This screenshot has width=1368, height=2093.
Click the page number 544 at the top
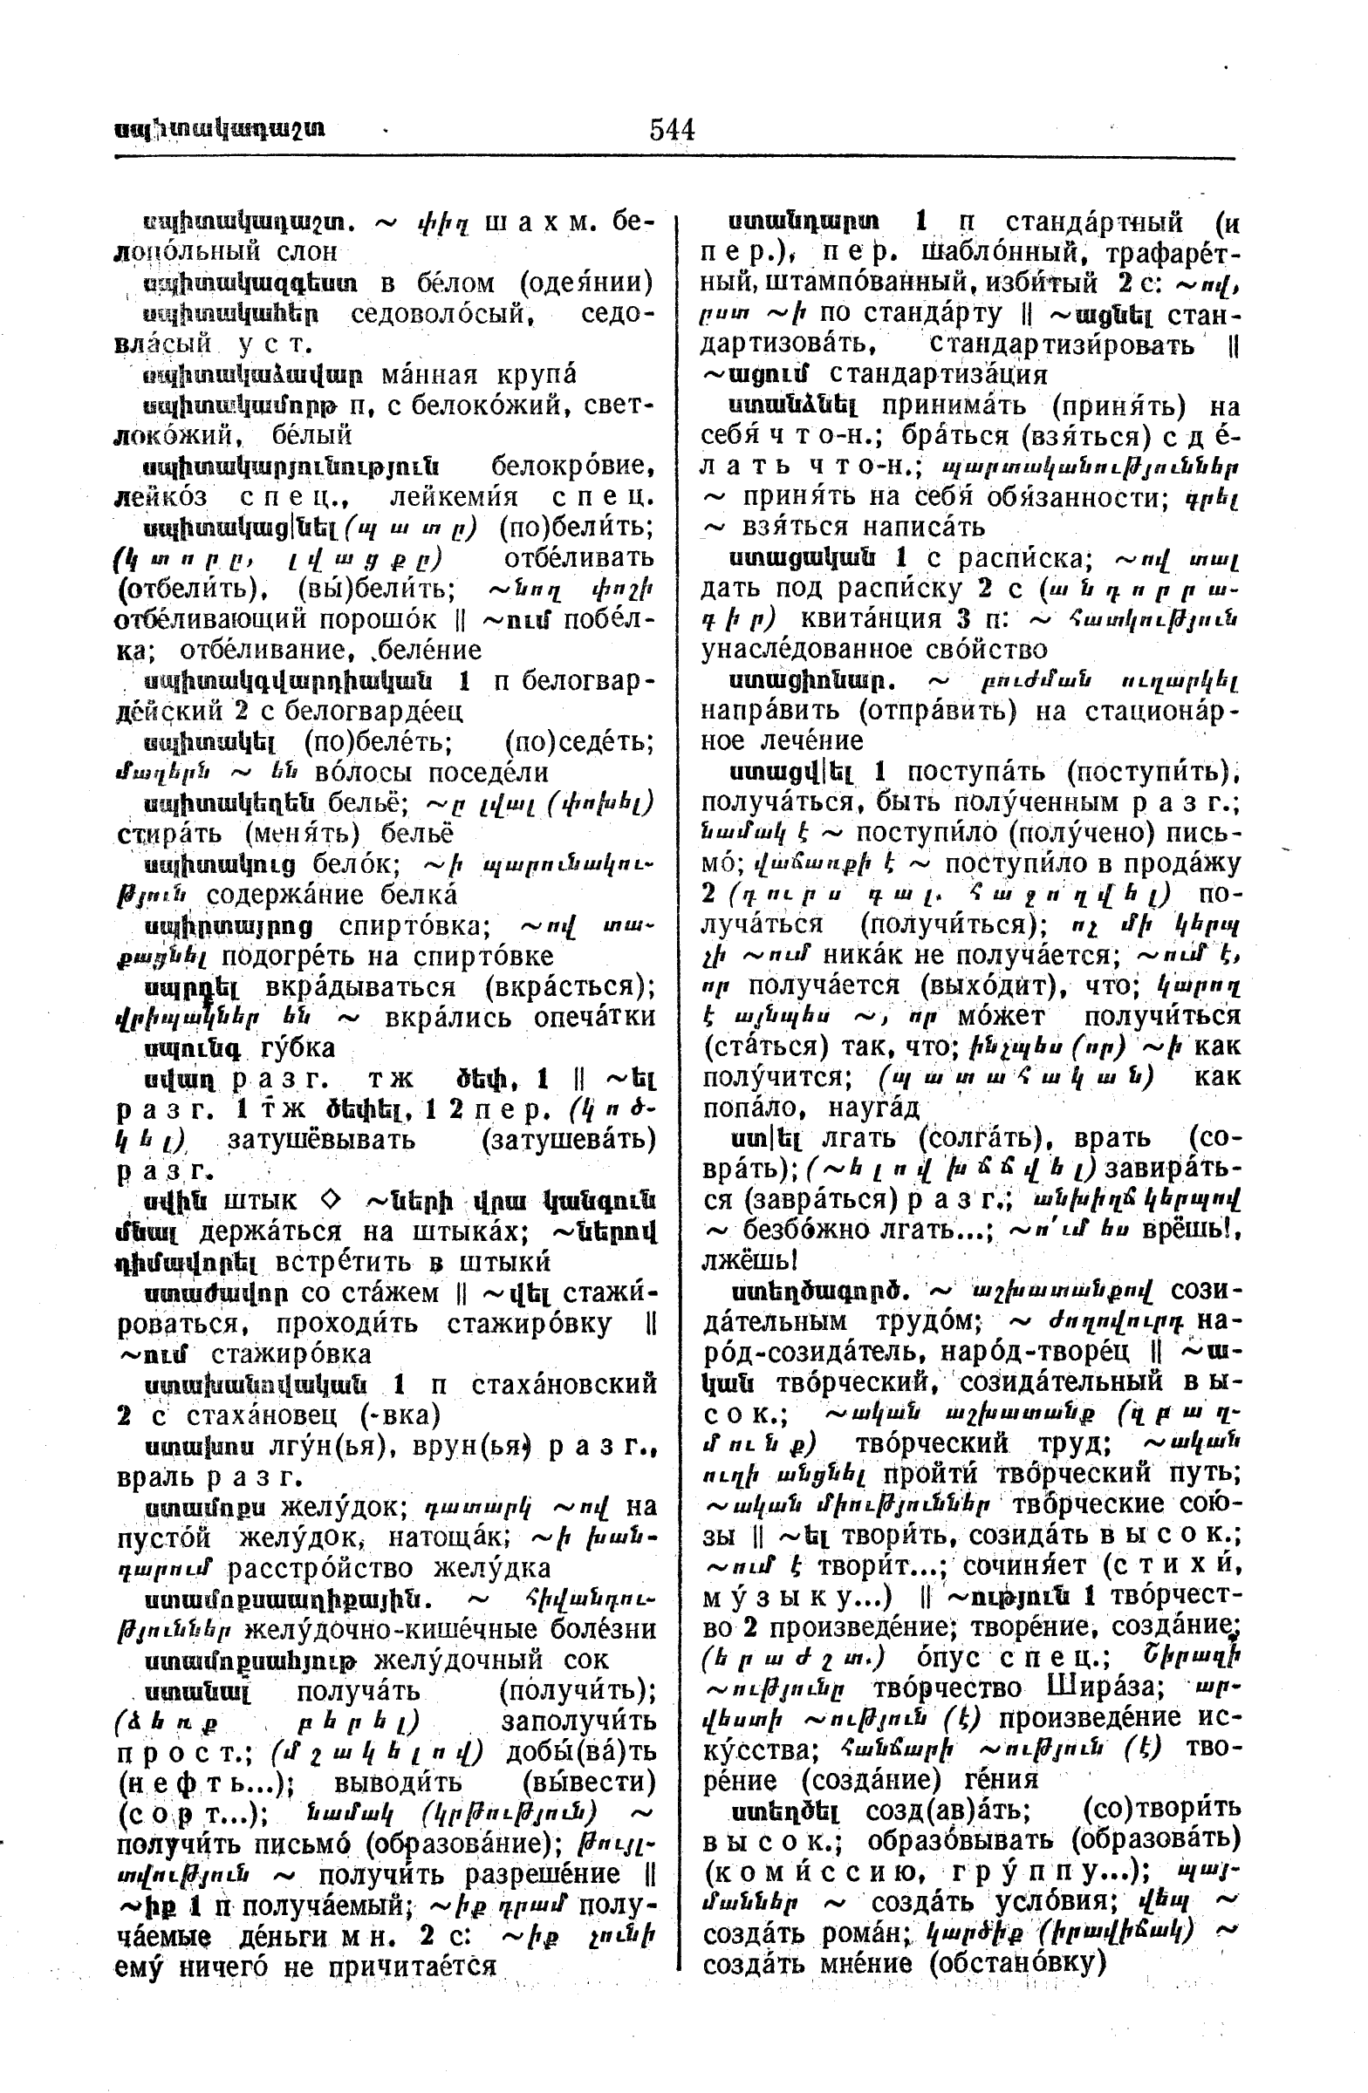pos(672,130)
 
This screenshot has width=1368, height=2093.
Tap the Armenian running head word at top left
pos(219,129)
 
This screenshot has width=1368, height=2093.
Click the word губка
pos(298,1049)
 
